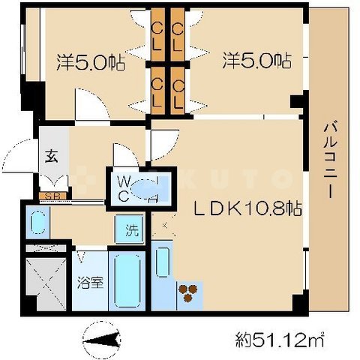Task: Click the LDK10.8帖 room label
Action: tap(250, 211)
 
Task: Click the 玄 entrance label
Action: tap(51, 157)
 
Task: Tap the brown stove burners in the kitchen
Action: tap(189, 292)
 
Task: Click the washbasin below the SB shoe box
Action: tap(35, 223)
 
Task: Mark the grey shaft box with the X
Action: tap(44, 283)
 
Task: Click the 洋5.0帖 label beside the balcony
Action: tap(256, 59)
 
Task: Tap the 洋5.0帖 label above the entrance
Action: tap(89, 61)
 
